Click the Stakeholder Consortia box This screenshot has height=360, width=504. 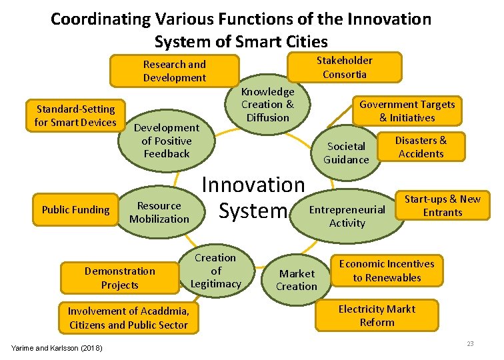[344, 67]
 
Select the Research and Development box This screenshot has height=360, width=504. [175, 71]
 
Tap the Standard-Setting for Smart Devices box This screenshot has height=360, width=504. [75, 115]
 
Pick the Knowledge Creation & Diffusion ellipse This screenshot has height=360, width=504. [267, 105]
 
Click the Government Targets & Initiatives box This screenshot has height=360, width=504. [407, 111]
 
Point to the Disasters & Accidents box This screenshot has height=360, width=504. [421, 147]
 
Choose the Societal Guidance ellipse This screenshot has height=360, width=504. [345, 153]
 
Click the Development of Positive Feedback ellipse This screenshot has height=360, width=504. [167, 141]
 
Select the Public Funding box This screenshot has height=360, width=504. [75, 209]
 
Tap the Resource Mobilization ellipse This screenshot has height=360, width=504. [159, 212]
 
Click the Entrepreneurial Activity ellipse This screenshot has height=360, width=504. [347, 216]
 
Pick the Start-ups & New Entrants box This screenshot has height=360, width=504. [442, 205]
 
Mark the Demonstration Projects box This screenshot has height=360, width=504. [119, 278]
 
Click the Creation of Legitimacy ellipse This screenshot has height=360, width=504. [215, 271]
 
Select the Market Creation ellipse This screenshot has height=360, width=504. [297, 280]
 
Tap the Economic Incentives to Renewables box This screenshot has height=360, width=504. [387, 271]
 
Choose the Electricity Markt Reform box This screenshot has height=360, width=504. [377, 315]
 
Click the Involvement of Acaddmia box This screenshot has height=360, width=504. [128, 318]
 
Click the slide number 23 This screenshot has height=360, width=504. [469, 343]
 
